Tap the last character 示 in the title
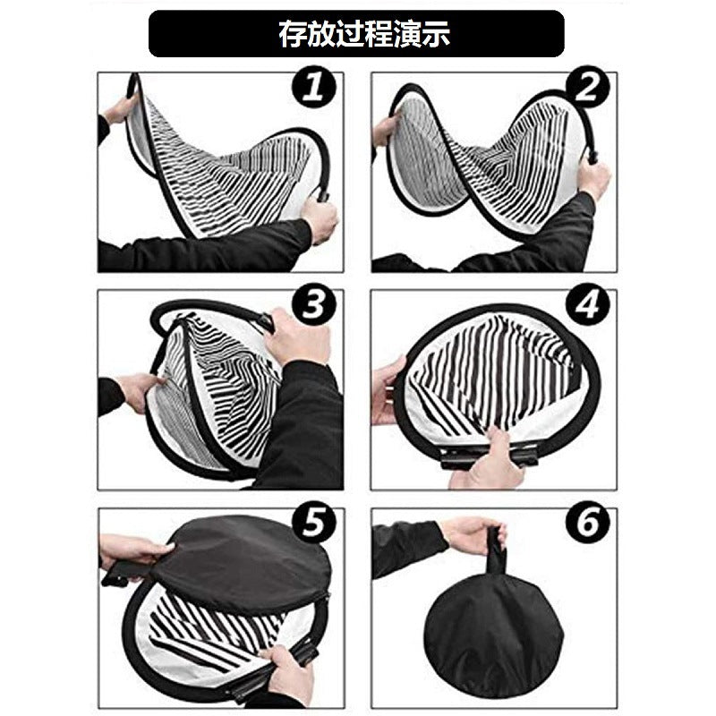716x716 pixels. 436,34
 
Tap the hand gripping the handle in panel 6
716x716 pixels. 474,533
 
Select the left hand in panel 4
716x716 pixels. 387,390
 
